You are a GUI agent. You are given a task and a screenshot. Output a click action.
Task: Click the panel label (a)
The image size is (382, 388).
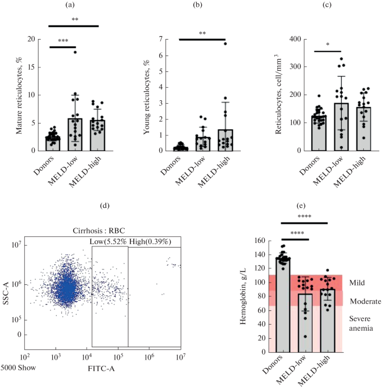click(70, 5)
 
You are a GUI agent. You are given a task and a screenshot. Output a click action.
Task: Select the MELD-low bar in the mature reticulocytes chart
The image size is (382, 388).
click(75, 135)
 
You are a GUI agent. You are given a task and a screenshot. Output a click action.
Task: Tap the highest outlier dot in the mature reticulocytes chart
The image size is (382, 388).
click(75, 52)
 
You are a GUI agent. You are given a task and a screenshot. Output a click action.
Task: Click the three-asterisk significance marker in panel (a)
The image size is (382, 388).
click(63, 41)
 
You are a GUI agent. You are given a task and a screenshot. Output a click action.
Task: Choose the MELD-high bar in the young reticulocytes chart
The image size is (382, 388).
click(225, 140)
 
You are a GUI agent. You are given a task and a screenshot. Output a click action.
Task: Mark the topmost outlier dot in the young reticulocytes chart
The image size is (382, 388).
click(225, 44)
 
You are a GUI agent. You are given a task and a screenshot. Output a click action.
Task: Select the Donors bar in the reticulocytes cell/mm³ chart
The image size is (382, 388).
click(319, 133)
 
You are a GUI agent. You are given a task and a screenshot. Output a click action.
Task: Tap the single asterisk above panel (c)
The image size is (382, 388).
click(328, 45)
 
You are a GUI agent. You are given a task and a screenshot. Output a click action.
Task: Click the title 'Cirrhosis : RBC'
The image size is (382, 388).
click(99, 231)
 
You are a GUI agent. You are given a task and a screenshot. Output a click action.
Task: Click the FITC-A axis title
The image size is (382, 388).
click(101, 369)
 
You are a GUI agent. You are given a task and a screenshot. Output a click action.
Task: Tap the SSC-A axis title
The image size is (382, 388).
click(6, 294)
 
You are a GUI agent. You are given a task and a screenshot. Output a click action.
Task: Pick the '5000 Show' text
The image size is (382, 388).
click(18, 368)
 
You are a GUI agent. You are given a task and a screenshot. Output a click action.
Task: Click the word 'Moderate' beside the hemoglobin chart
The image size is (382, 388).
click(366, 301)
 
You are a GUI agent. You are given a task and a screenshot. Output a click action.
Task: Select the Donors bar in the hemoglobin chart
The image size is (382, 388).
click(283, 305)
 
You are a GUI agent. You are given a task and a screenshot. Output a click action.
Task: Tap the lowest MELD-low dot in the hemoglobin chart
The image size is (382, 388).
click(305, 336)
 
